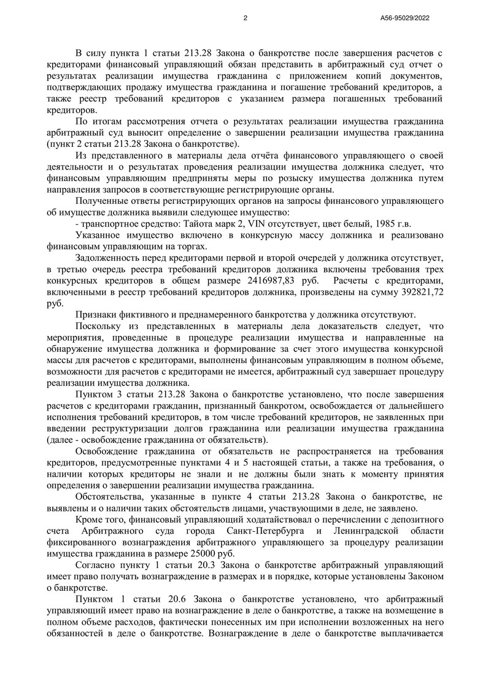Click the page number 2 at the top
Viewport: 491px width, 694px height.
point(245,18)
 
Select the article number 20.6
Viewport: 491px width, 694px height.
point(182,598)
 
